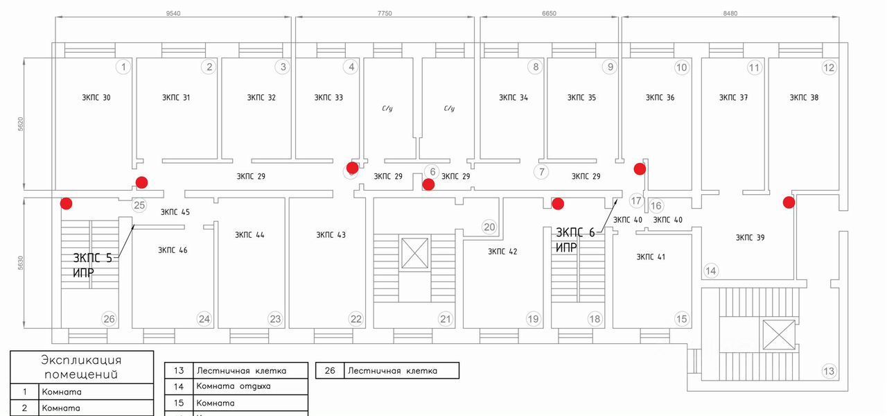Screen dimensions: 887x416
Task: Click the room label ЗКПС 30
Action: tap(96, 98)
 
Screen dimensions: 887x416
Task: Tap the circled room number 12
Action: tap(829, 67)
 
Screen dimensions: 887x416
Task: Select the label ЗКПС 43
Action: tap(331, 235)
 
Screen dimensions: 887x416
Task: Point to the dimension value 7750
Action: tap(385, 12)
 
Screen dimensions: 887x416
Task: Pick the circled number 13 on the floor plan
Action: tap(829, 371)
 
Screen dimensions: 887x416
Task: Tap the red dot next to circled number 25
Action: tap(141, 182)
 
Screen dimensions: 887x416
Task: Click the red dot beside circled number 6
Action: tap(428, 184)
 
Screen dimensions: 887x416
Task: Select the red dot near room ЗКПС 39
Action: tap(789, 202)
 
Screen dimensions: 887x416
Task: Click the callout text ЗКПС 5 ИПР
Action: tap(91, 266)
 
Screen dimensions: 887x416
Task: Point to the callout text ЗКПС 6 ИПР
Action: tap(575, 239)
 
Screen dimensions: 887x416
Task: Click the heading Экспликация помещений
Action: tap(82, 367)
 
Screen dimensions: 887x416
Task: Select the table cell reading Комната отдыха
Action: tap(234, 386)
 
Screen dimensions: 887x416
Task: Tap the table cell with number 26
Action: tap(330, 371)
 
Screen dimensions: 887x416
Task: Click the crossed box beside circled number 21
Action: tap(414, 252)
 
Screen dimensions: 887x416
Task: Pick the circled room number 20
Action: tap(489, 227)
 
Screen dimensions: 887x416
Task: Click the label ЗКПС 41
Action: tap(651, 257)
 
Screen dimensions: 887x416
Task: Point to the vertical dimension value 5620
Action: tap(21, 124)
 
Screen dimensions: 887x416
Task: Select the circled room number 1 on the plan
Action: tap(123, 67)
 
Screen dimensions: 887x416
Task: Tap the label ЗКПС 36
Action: tap(660, 98)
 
